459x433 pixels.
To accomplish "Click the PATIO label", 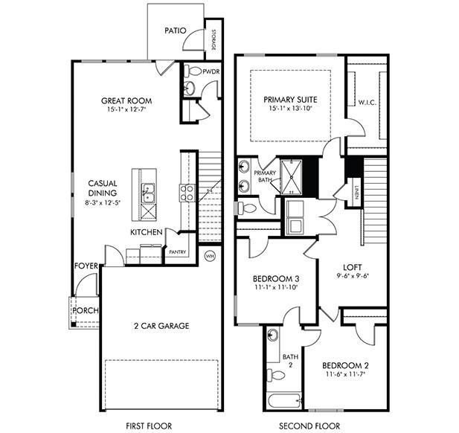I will point(176,31).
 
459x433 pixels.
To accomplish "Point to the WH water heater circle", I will point(211,255).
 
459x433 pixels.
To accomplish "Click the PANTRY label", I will point(177,252).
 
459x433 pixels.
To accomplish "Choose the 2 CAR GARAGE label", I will point(161,325).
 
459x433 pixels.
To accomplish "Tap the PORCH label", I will point(86,310).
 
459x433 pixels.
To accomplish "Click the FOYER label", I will point(86,266).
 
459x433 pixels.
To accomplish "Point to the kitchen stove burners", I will point(186,193).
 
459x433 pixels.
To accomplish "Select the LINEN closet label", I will point(357,190).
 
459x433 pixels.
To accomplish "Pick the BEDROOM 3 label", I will point(275,278).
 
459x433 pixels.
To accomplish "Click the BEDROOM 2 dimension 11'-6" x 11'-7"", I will point(349,376).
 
